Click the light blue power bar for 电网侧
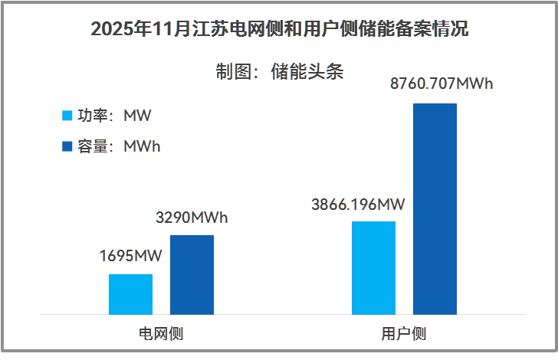pos(130,294)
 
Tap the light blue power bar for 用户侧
pos(373,267)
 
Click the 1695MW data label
pos(130,257)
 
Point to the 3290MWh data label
pos(192,218)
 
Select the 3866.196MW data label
pos(358,205)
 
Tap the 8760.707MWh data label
pos(441,84)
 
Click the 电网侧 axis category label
pos(161,334)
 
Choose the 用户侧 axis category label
pos(404,334)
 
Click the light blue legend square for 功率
pos(67,116)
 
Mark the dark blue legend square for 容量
pos(67,146)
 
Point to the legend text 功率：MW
pos(115,116)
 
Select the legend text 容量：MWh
pos(120,146)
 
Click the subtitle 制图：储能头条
pos(279,72)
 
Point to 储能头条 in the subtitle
pos(307,72)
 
